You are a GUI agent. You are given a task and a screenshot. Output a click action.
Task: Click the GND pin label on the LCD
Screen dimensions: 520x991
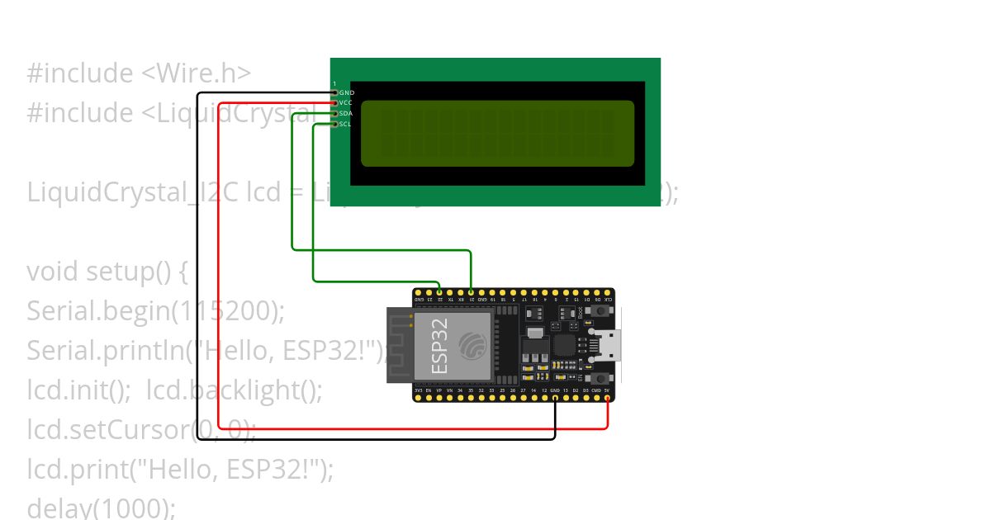(347, 92)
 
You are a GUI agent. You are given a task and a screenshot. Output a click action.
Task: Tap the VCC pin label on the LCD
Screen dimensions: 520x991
(347, 102)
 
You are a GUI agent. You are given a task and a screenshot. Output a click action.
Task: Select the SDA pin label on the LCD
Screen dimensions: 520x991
(347, 113)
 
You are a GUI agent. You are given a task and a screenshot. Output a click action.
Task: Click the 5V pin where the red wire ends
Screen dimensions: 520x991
(608, 398)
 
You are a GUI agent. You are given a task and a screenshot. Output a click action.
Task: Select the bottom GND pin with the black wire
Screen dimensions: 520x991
(555, 398)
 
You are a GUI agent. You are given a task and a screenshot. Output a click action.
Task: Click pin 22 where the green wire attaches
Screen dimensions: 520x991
(439, 292)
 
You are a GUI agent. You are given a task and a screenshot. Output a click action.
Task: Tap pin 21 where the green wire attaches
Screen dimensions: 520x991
(471, 292)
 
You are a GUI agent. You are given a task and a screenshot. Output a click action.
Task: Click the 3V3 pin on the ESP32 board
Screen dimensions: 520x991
(419, 398)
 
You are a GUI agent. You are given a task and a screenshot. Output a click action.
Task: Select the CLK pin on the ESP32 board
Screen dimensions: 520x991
(608, 292)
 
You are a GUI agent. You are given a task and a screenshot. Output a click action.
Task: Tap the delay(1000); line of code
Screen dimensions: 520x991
(101, 507)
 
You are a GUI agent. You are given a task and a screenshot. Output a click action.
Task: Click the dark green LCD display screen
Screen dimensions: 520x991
(497, 134)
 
